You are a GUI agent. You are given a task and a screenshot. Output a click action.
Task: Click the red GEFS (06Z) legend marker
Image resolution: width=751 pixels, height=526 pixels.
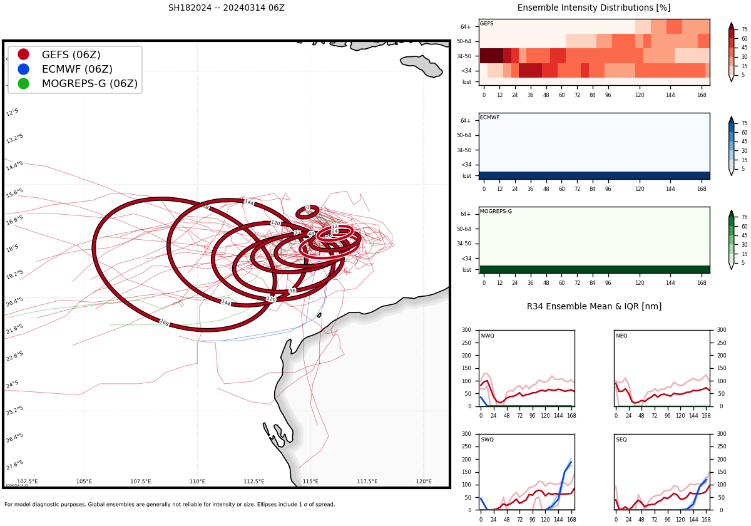pos(24,54)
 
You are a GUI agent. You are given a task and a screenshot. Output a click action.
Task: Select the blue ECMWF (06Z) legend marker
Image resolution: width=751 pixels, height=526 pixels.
pos(24,69)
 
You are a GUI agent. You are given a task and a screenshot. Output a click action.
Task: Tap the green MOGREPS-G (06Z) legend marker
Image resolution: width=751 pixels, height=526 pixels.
pos(24,83)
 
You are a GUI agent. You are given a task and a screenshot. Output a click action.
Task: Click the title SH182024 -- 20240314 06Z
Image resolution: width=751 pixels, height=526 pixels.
pos(226,8)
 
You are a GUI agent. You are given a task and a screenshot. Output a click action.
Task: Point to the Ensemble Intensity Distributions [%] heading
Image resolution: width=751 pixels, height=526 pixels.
pos(593,8)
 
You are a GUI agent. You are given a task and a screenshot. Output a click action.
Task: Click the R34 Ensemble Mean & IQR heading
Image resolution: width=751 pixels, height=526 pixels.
pos(593,306)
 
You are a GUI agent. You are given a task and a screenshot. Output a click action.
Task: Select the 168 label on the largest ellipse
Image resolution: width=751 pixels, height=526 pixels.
pos(164,322)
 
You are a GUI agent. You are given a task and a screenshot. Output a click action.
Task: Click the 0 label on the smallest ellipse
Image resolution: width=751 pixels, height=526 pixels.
pos(307,207)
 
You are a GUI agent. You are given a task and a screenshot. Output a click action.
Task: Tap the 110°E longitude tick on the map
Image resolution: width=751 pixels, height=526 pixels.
pos(197,481)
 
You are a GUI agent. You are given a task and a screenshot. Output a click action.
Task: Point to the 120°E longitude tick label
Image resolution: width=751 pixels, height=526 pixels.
pos(424,481)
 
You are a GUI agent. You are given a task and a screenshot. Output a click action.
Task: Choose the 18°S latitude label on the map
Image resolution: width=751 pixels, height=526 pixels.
pos(13,249)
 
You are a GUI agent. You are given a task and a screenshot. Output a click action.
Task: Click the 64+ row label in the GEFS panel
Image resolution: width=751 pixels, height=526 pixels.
pos(466,27)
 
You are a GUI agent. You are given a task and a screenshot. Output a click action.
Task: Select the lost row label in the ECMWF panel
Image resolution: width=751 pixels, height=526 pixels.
pos(466,176)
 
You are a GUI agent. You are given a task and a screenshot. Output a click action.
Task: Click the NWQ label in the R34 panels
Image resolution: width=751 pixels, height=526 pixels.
pos(488,336)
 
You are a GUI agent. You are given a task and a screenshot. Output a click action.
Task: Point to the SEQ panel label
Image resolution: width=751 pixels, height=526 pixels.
pos(621,440)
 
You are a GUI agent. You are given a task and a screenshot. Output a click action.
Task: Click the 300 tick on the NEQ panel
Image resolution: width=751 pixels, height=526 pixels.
pos(717,330)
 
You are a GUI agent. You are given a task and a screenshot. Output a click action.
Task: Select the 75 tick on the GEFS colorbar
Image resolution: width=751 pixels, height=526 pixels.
pos(745,29)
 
